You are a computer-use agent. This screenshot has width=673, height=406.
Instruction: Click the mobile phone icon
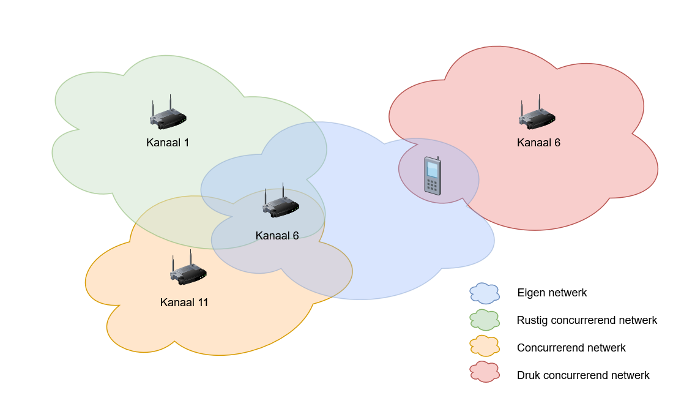[x=433, y=176]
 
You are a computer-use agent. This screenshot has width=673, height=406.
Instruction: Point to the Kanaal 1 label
[x=168, y=143]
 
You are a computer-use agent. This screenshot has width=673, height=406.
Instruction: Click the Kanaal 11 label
[x=184, y=303]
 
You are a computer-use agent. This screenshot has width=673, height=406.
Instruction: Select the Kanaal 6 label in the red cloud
[x=538, y=143]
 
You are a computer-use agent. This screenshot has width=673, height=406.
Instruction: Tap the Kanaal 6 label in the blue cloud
[x=277, y=235]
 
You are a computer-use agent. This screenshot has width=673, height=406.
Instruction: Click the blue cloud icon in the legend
[x=485, y=293]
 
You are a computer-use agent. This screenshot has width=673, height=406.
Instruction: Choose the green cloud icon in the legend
[x=485, y=320]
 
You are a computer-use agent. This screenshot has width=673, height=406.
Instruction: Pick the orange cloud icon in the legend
[x=485, y=346]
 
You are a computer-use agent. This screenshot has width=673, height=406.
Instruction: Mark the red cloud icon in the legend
[x=485, y=372]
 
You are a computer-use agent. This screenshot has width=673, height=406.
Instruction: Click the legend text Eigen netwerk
[x=552, y=293]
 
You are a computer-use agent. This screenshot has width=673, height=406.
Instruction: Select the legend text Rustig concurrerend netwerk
[x=587, y=320]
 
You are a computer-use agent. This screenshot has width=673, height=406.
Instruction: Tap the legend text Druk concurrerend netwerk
[x=583, y=375]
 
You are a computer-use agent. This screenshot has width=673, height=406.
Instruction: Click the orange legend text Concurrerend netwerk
[x=571, y=348]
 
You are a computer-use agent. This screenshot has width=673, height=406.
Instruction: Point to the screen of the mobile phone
[x=433, y=170]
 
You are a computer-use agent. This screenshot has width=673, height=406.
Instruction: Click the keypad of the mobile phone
[x=432, y=186]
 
